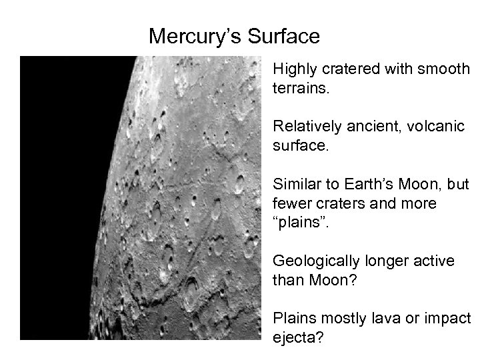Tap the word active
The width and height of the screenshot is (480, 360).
[435, 261]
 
